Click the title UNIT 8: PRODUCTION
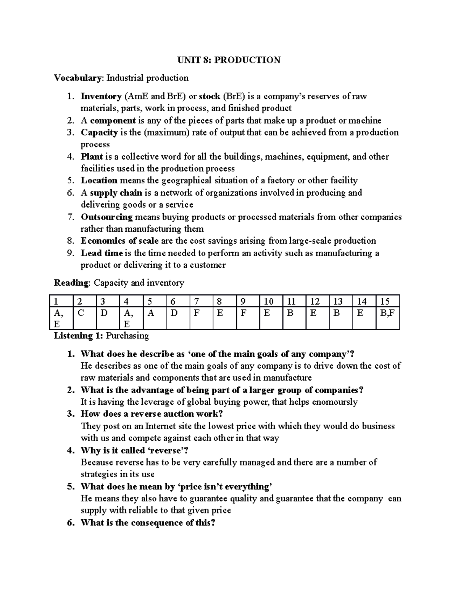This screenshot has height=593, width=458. pyautogui.click(x=228, y=60)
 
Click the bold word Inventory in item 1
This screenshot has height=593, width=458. pyautogui.click(x=101, y=96)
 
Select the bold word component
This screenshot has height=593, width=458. pyautogui.click(x=113, y=121)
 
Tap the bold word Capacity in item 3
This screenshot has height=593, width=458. pyautogui.click(x=99, y=132)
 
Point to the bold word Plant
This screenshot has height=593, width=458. pyautogui.click(x=92, y=157)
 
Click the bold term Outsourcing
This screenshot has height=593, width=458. pyautogui.click(x=106, y=217)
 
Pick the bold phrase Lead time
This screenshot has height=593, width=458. pyautogui.click(x=102, y=253)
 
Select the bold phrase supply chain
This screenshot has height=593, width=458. pyautogui.click(x=116, y=192)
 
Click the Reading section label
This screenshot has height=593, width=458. pyautogui.click(x=71, y=283)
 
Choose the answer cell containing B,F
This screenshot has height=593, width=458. pyautogui.click(x=387, y=313)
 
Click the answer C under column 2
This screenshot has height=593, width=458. pyautogui.click(x=81, y=313)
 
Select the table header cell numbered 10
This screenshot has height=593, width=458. pyautogui.click(x=269, y=301)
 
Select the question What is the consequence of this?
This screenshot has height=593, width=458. pyautogui.click(x=148, y=523)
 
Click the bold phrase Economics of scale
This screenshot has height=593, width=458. pyautogui.click(x=119, y=241)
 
